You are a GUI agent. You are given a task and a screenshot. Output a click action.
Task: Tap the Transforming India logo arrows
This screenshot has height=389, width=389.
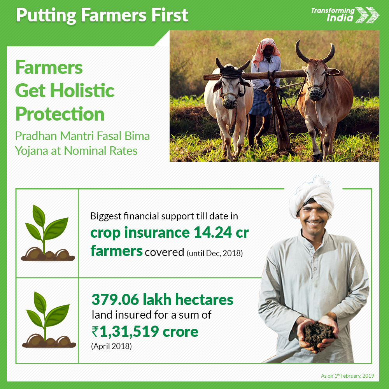pyautogui.click(x=367, y=15)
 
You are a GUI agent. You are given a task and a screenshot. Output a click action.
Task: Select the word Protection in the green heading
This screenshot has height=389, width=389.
pyautogui.click(x=60, y=114)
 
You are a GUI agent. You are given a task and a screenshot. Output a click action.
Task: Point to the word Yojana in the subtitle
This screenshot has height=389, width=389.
pyautogui.click(x=31, y=151)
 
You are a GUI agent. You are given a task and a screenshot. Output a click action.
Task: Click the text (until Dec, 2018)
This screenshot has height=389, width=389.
pyautogui.click(x=215, y=253)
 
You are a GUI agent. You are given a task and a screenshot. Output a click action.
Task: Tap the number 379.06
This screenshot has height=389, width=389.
pyautogui.click(x=116, y=300)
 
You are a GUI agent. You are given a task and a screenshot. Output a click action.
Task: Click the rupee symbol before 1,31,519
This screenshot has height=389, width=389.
pyautogui.click(x=95, y=332)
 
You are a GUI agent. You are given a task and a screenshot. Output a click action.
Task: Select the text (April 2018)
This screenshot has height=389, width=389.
pyautogui.click(x=111, y=346)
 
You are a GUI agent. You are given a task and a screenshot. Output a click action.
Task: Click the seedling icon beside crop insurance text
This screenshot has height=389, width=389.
pyautogui.click(x=47, y=233)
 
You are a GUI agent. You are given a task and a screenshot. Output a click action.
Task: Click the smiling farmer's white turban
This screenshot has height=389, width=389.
pyautogui.click(x=312, y=196)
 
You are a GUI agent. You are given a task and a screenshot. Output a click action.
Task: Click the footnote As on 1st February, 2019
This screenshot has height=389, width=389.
pyautogui.click(x=347, y=376)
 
